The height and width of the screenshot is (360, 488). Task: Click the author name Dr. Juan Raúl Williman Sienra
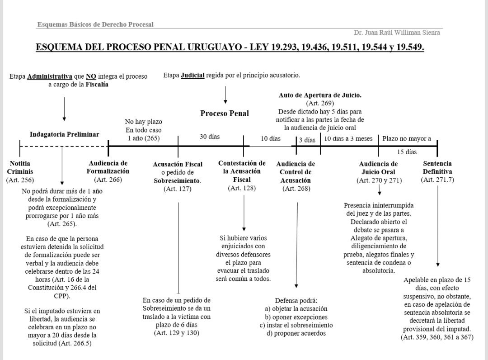click(x=397, y=33)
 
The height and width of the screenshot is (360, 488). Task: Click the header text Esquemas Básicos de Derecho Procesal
click(x=95, y=24)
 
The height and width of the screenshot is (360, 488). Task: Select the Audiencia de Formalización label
click(x=108, y=167)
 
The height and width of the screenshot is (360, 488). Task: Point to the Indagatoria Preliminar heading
click(x=64, y=134)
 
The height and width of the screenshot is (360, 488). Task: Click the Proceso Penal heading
click(x=225, y=114)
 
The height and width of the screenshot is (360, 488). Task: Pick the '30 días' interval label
click(x=210, y=137)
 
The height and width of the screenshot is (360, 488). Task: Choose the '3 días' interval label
click(x=307, y=140)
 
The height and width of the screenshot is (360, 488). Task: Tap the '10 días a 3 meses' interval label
click(x=348, y=138)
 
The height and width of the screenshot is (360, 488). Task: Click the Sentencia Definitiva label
click(x=437, y=167)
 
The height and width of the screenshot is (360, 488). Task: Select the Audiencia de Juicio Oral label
click(x=378, y=168)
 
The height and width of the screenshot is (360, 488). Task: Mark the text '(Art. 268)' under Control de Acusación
click(x=296, y=189)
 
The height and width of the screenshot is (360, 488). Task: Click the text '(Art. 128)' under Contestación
click(x=242, y=188)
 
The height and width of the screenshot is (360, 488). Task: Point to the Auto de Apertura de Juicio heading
click(x=320, y=95)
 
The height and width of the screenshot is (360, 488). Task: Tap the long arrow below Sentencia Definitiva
click(x=437, y=226)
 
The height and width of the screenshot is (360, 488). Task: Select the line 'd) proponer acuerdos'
click(x=296, y=334)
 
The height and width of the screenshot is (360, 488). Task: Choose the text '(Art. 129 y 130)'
click(x=177, y=333)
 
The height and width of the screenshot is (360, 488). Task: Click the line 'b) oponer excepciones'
click(x=296, y=317)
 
